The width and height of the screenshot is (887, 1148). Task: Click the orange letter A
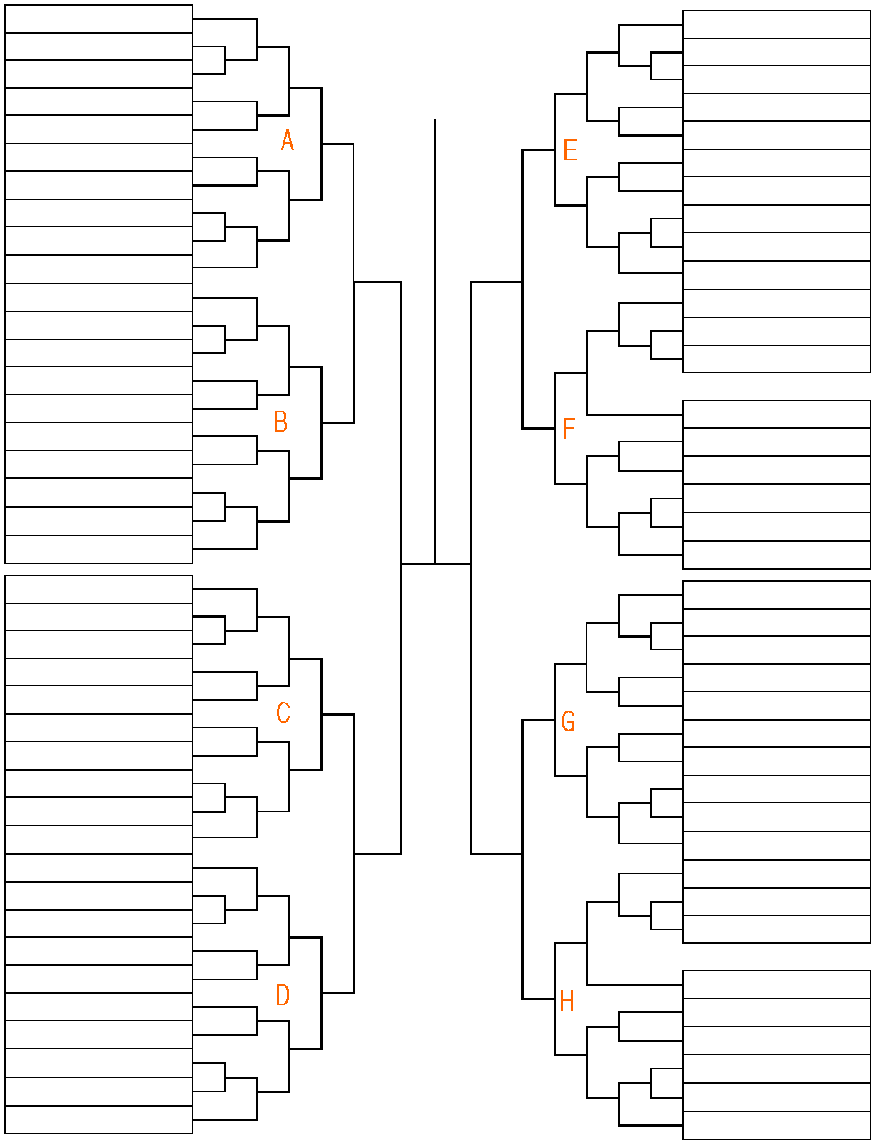point(288,141)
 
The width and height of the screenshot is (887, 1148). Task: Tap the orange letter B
point(280,422)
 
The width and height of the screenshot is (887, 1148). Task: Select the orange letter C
point(283,713)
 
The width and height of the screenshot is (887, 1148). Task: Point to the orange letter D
point(283,994)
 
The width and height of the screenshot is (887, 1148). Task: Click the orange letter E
point(570,150)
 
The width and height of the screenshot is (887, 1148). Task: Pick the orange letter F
point(569,429)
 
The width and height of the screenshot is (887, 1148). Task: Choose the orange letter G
point(569,721)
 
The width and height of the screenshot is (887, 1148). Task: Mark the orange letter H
point(567,1001)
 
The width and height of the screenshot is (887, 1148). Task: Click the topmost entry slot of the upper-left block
point(99,19)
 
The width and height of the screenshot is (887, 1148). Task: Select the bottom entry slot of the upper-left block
point(99,549)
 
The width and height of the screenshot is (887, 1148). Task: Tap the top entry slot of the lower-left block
point(99,590)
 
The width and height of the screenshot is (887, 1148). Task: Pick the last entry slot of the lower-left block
point(99,1119)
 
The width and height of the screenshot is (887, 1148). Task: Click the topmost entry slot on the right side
point(777,25)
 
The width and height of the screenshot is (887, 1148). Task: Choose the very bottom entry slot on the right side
point(777,1125)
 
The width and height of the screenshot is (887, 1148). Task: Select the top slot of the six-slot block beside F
point(777,415)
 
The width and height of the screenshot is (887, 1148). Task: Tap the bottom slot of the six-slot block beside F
point(777,555)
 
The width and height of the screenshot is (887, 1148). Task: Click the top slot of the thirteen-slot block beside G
point(777,595)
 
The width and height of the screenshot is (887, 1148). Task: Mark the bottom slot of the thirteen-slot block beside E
point(777,359)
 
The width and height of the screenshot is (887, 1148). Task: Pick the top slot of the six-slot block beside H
point(777,985)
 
